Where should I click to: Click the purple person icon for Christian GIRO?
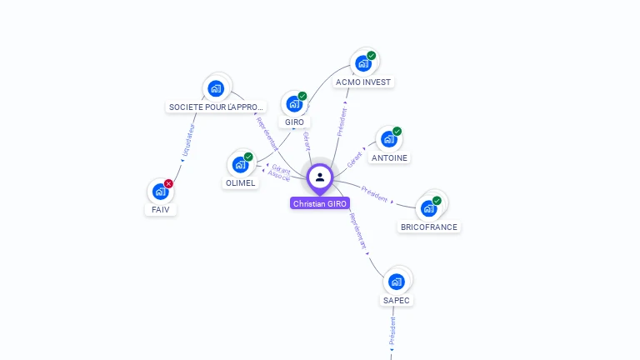coord(320,177)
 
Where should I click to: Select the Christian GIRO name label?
coord(320,203)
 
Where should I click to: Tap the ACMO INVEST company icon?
coord(362,62)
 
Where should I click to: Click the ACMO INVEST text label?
coord(362,82)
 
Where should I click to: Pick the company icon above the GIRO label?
coord(294,103)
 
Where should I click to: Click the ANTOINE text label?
coord(390,157)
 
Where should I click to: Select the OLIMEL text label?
coord(241,183)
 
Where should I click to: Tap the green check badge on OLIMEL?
coord(248,157)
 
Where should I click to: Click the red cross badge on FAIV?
coord(168,184)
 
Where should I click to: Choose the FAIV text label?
coord(161,209)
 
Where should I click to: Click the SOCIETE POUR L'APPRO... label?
coord(216,107)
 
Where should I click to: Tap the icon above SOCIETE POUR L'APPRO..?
coord(216,87)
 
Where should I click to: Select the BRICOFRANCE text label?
coord(428,227)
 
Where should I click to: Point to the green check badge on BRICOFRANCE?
coord(437,201)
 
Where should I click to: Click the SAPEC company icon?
coord(397,281)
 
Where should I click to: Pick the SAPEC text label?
coord(397,300)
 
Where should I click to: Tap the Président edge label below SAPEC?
coord(392,331)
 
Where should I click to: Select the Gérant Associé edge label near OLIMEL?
coord(280,172)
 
